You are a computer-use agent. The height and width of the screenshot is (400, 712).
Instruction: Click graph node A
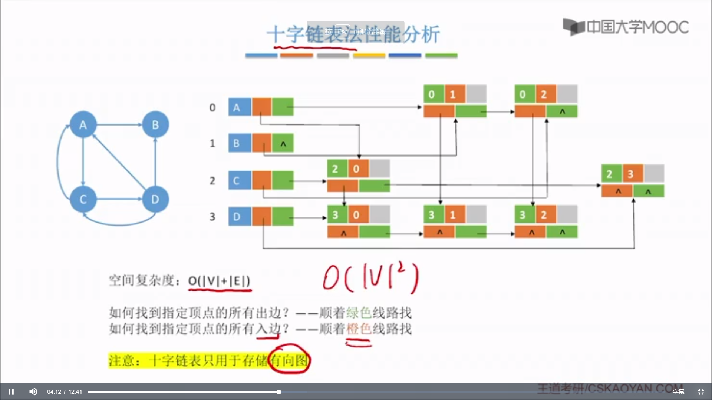point(83,125)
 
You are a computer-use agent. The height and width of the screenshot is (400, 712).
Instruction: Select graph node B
point(155,125)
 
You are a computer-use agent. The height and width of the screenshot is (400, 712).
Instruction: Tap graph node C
point(83,199)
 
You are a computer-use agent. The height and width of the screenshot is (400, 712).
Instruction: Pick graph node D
point(155,199)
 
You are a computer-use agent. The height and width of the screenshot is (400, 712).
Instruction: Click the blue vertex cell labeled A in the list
point(240,107)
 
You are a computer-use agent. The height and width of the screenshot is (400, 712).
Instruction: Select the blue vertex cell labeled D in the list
point(240,217)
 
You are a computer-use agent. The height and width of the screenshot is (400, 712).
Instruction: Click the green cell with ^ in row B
point(283,143)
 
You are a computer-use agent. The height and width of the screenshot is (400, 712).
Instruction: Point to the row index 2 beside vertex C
point(212,181)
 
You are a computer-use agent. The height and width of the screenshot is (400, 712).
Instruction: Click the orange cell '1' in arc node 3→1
point(455,215)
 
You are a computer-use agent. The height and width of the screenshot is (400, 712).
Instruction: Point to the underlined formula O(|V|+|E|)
point(219,281)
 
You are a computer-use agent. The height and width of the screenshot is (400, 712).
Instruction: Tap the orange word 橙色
point(359,329)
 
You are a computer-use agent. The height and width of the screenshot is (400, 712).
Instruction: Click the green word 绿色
point(359,313)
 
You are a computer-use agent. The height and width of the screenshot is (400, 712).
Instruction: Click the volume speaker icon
point(33,391)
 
